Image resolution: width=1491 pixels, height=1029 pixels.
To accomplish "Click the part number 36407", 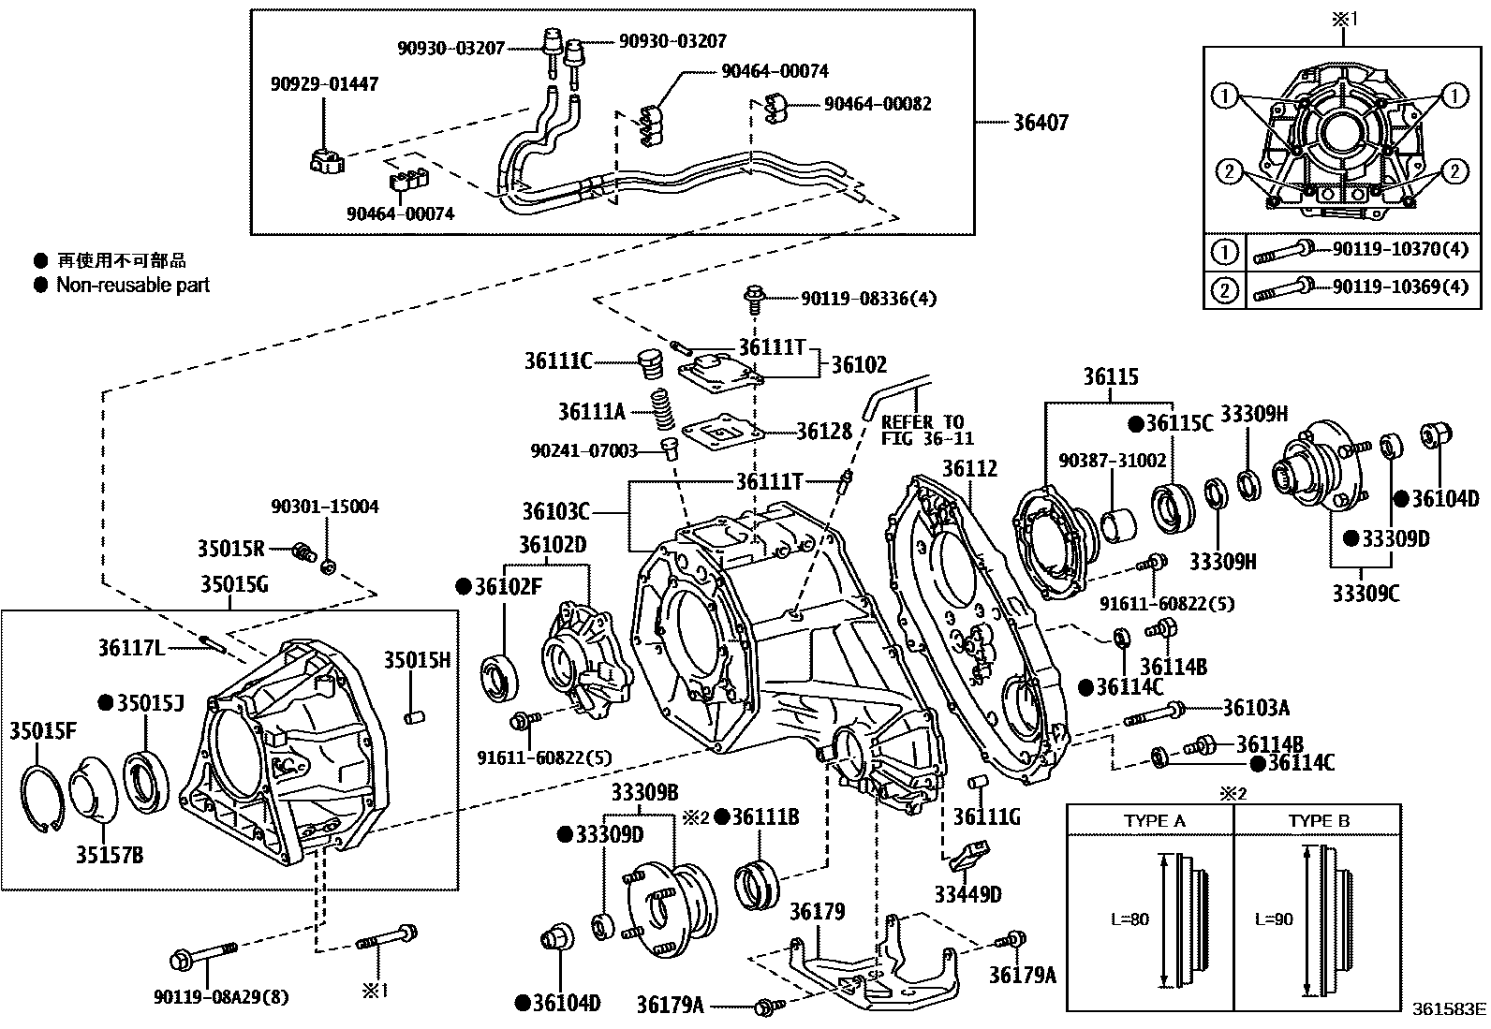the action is point(1041,123).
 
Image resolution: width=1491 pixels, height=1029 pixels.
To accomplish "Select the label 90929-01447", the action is point(324,84).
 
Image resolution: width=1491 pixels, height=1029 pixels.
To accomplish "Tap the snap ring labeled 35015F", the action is point(42,798).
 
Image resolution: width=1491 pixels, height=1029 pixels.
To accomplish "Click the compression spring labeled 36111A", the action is point(661,410).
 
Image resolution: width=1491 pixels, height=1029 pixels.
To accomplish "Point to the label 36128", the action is point(824,432).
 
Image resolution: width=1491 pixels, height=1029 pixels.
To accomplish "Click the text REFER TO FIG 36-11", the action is point(927,430).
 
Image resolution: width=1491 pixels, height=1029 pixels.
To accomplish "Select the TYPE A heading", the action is point(1155,820).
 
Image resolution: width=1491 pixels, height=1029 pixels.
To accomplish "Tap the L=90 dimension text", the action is point(1274,919).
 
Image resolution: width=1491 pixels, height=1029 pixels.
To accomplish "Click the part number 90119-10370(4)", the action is point(1400,249).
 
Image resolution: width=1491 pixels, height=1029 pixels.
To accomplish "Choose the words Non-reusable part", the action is point(133,285).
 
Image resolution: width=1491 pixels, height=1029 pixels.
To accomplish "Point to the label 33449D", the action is point(967,894).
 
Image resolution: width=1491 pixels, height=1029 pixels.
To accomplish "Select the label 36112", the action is point(970,468).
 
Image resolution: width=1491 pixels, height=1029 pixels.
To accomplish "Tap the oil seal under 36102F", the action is point(500,678).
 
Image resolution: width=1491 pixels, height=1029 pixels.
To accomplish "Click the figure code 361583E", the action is point(1449,1009).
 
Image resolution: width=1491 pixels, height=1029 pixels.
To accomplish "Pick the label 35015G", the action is point(234,584).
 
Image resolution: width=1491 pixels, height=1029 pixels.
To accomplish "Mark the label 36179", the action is point(817,911).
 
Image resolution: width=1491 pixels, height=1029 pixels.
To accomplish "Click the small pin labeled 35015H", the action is point(415,717).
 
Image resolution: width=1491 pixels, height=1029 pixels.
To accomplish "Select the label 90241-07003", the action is point(583,450).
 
